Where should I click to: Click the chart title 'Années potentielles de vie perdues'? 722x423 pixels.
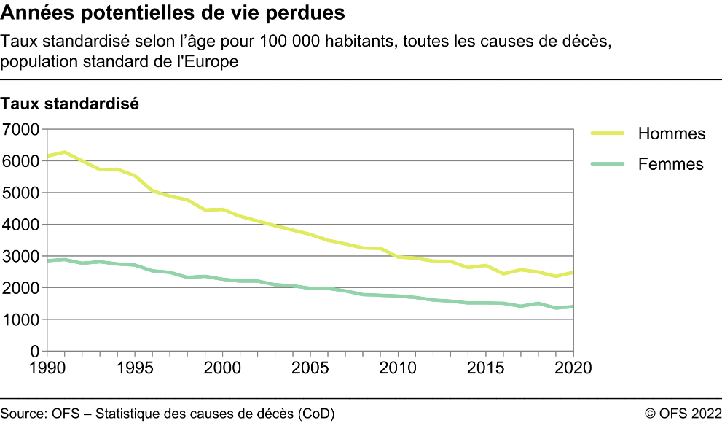[x=173, y=13]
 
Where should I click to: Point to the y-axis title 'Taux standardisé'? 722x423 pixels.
[x=70, y=104]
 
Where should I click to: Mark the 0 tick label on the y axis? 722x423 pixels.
[x=34, y=352]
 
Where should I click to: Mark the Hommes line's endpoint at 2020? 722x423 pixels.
[x=573, y=272]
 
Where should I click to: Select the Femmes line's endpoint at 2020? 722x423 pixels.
[x=573, y=306]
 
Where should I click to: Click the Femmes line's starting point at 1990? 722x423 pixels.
[x=46, y=260]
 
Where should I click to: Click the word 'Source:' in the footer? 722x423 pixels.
[x=24, y=414]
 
